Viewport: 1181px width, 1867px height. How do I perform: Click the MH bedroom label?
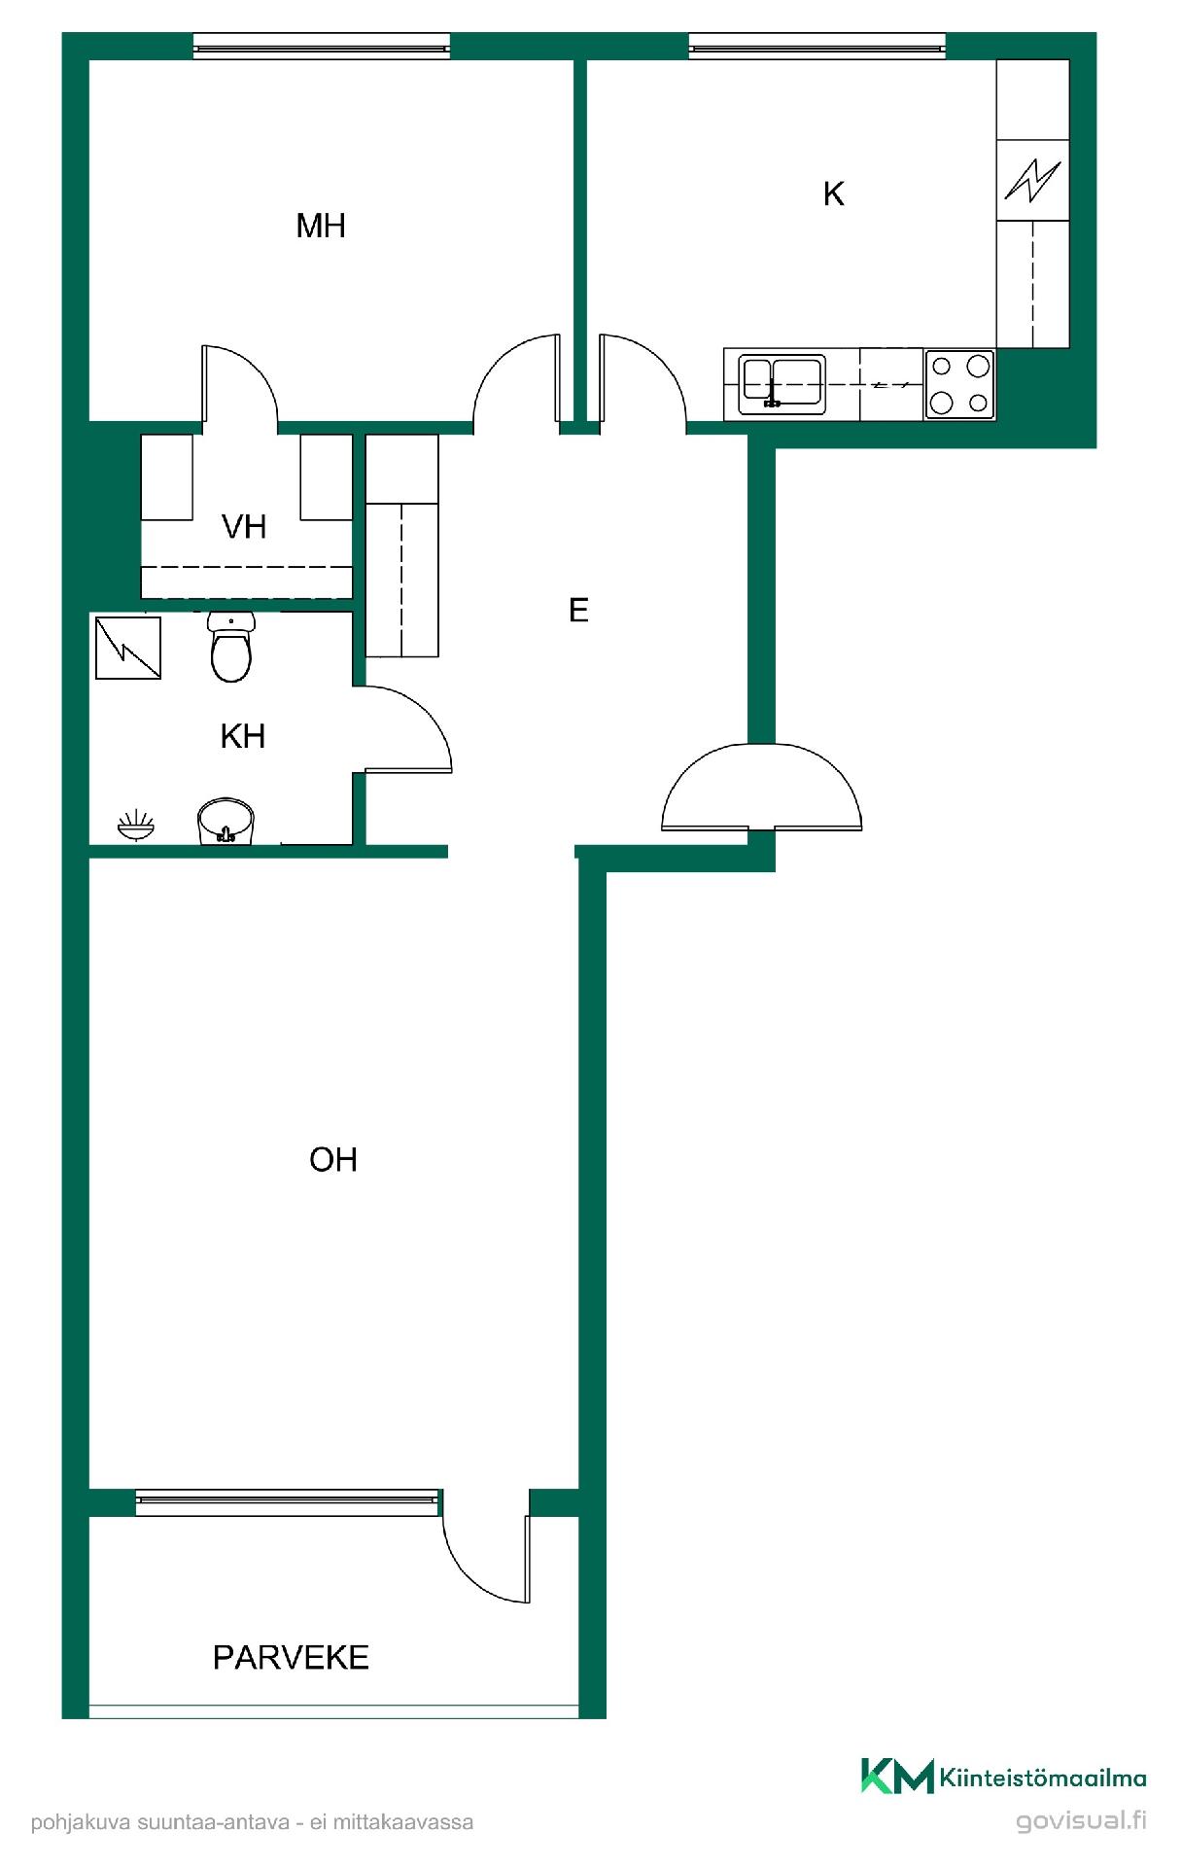[x=321, y=226]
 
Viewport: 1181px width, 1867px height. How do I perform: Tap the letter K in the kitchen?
[x=833, y=194]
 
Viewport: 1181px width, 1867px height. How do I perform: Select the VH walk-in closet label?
[x=244, y=527]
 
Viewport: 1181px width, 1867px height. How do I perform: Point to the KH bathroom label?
[x=243, y=736]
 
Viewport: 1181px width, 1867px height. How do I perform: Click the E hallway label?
[x=578, y=610]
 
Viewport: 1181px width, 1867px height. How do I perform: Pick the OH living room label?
[x=333, y=1159]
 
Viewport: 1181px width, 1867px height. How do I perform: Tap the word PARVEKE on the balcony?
[x=291, y=1657]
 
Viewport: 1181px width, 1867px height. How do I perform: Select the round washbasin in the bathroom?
[x=226, y=822]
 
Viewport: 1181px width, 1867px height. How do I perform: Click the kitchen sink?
[x=782, y=383]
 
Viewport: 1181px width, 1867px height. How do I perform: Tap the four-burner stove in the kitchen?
[x=959, y=384]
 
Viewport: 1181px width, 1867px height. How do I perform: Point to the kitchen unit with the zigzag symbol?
[x=1033, y=180]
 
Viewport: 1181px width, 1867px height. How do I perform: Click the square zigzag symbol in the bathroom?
[x=128, y=648]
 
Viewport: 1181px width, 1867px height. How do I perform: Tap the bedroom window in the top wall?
[x=322, y=46]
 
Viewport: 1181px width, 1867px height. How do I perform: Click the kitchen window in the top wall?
[x=816, y=46]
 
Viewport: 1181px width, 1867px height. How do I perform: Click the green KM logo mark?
[x=897, y=1776]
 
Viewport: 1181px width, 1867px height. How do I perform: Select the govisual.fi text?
[x=1081, y=1820]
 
